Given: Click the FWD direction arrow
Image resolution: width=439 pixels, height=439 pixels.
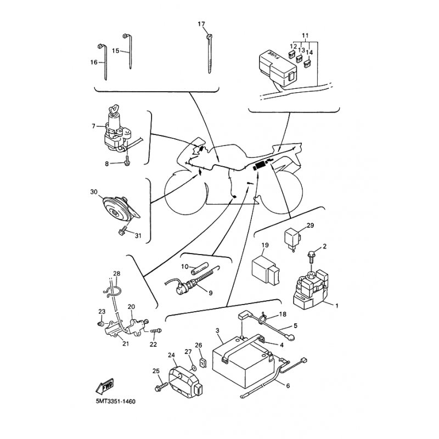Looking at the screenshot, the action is pyautogui.click(x=105, y=386).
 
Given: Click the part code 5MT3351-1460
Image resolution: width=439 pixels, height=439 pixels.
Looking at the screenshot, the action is pyautogui.click(x=116, y=402).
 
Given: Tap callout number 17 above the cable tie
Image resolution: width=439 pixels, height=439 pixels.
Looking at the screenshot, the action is pyautogui.click(x=201, y=24).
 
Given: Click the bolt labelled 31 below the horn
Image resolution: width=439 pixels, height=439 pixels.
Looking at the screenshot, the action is pyautogui.click(x=122, y=232).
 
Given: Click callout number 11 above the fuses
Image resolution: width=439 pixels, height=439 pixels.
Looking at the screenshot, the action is pyautogui.click(x=305, y=36).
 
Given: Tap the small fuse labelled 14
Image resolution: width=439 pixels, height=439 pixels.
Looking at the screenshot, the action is pyautogui.click(x=307, y=64).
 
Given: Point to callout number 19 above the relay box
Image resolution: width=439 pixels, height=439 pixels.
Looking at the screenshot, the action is pyautogui.click(x=265, y=245).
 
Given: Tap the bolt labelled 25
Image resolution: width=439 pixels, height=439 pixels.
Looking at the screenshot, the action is pyautogui.click(x=161, y=387).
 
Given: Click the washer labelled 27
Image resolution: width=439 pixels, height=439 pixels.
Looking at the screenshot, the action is pyautogui.click(x=193, y=367).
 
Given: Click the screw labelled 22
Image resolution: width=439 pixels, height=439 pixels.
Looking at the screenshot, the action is pyautogui.click(x=156, y=331).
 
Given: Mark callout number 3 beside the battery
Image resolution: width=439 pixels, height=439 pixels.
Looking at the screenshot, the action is pyautogui.click(x=217, y=331).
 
